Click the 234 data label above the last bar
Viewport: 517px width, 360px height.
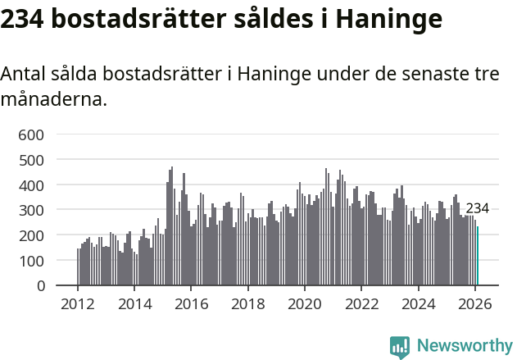(x=477, y=208)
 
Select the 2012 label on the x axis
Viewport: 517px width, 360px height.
(x=79, y=303)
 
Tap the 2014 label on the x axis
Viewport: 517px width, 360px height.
(x=135, y=303)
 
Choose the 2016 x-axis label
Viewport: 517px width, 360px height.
(x=192, y=303)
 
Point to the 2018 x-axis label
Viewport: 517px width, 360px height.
(x=248, y=303)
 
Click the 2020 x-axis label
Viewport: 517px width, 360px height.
(x=305, y=303)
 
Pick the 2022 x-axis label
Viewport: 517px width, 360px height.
(x=361, y=303)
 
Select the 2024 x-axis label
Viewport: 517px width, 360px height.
(x=419, y=303)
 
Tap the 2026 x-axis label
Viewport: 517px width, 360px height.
(x=475, y=303)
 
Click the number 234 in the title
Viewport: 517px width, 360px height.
(x=22, y=19)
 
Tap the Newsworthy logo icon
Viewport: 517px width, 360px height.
(x=400, y=347)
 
